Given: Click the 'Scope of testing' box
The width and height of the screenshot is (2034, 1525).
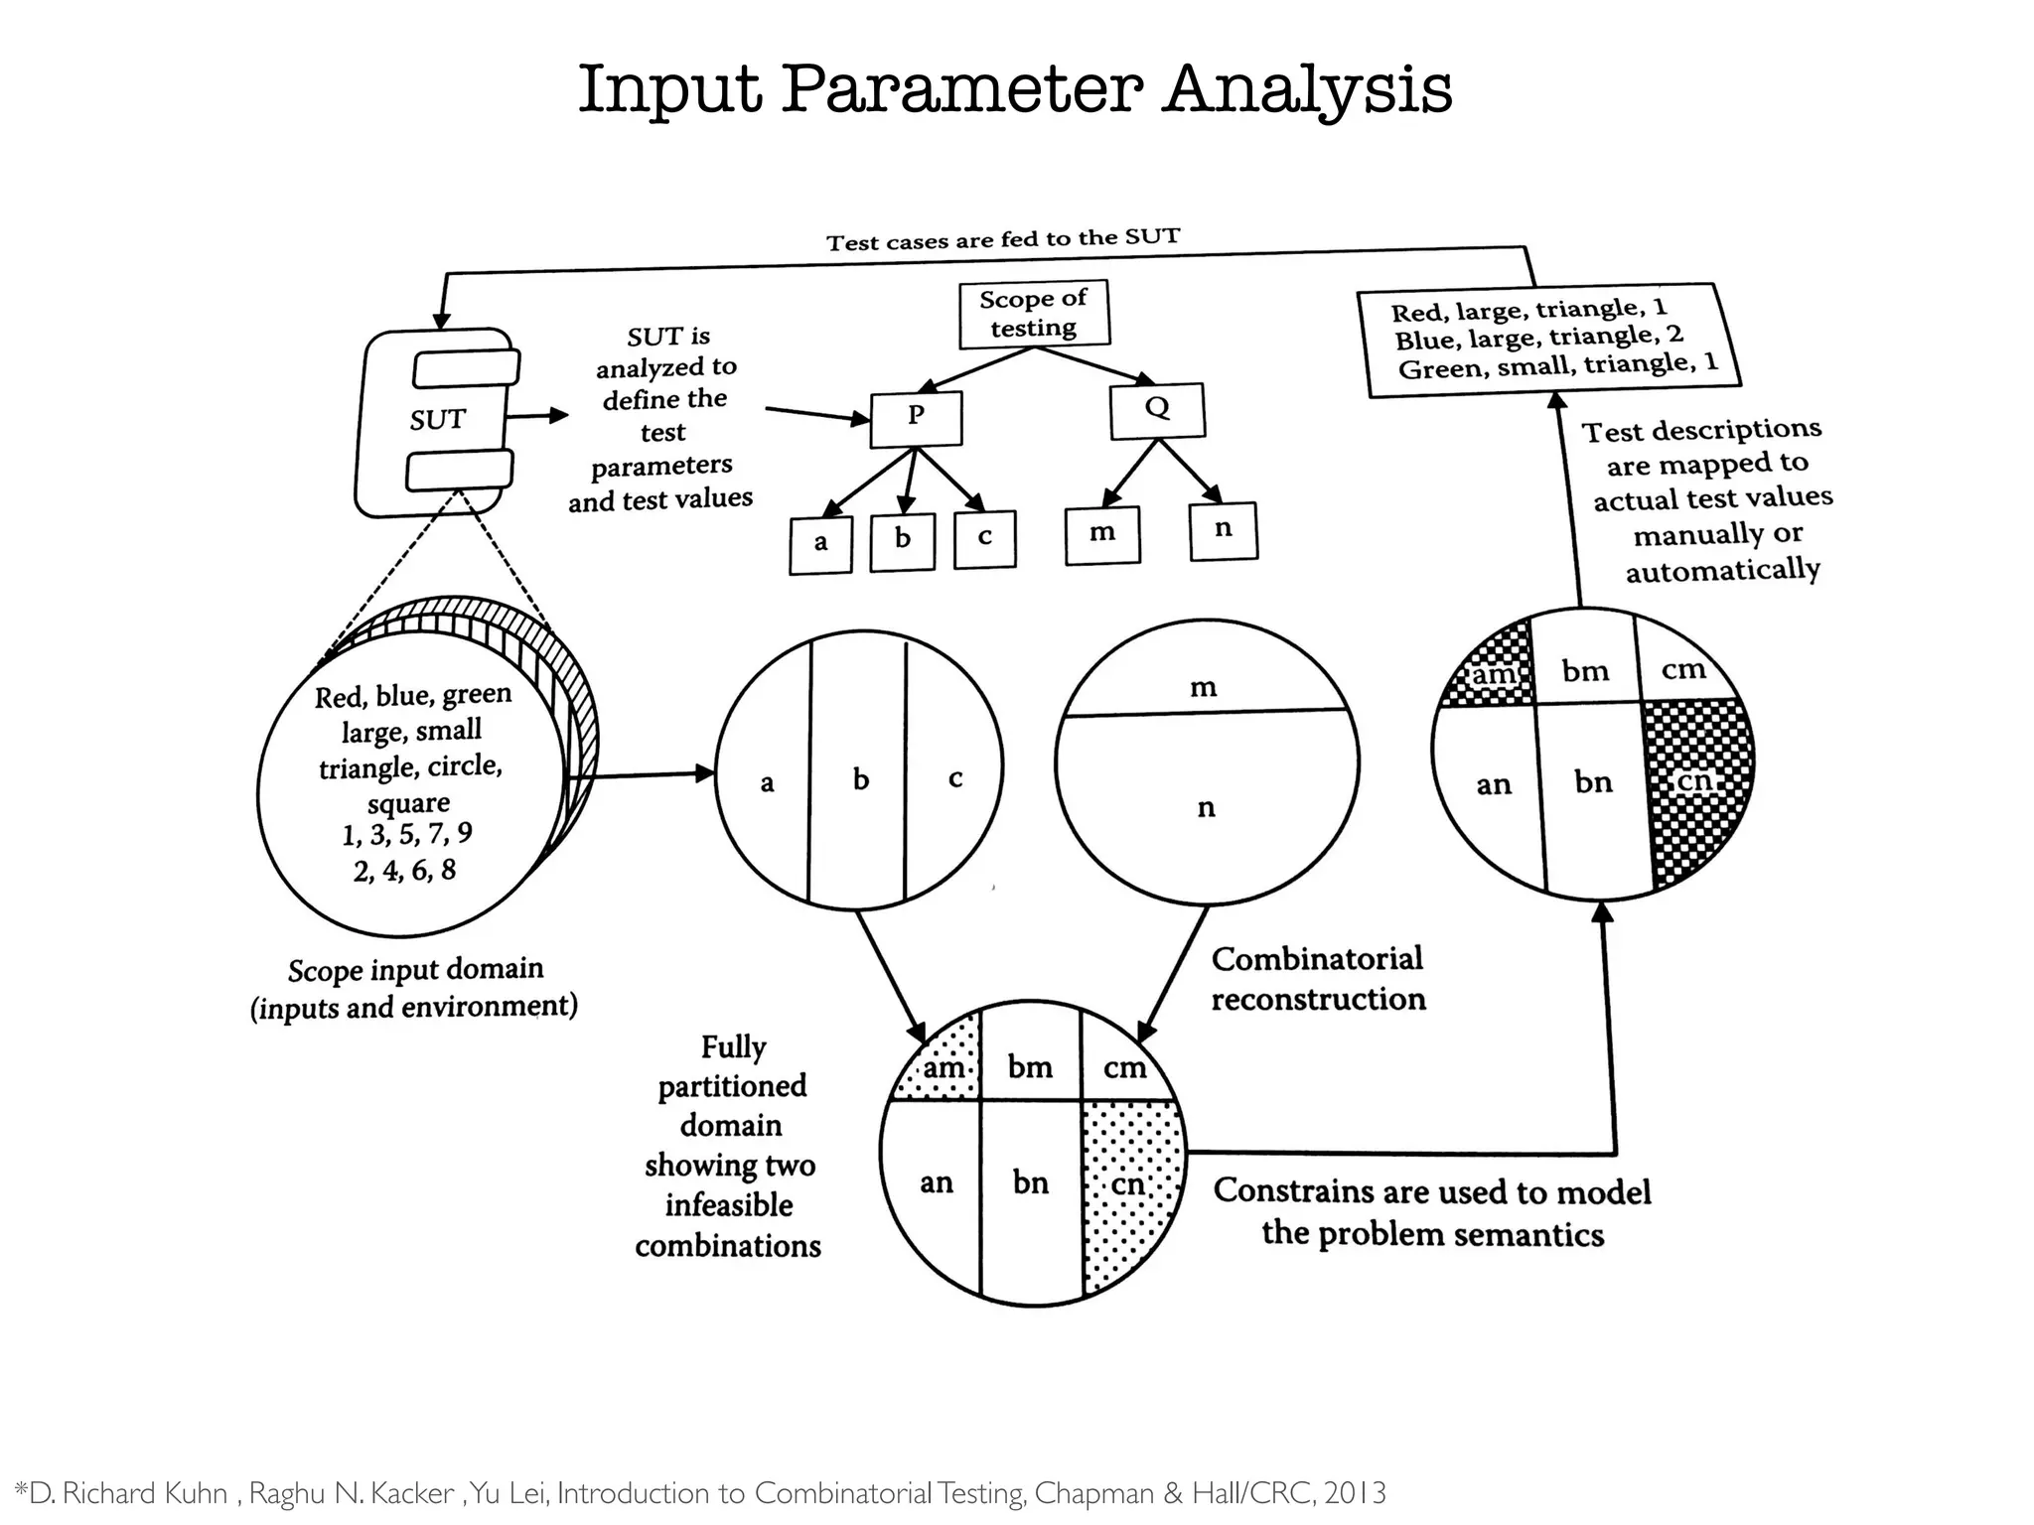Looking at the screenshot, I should click(1033, 314).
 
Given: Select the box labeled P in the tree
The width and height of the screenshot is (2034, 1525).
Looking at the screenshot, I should click(916, 418).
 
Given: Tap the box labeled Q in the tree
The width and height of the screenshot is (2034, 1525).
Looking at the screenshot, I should click(1157, 410).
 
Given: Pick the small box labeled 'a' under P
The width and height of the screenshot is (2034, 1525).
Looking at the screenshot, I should click(820, 544).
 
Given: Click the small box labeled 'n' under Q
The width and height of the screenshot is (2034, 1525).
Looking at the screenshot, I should click(1223, 530).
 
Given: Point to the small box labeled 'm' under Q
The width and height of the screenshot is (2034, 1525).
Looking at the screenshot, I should click(1102, 534).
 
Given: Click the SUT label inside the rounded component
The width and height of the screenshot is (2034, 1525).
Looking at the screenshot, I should click(437, 420).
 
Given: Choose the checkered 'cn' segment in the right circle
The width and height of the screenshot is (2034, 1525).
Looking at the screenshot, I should click(1694, 784).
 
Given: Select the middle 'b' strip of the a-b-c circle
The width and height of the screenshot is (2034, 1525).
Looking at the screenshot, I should click(860, 780).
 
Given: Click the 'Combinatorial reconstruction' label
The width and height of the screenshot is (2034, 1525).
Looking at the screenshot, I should click(1317, 979).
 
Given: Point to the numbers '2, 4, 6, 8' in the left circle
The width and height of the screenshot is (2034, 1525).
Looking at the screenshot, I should click(404, 871).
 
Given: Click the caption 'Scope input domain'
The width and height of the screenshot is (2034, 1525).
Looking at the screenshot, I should click(415, 969).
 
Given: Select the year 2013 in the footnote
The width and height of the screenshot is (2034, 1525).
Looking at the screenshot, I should click(1355, 1493).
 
